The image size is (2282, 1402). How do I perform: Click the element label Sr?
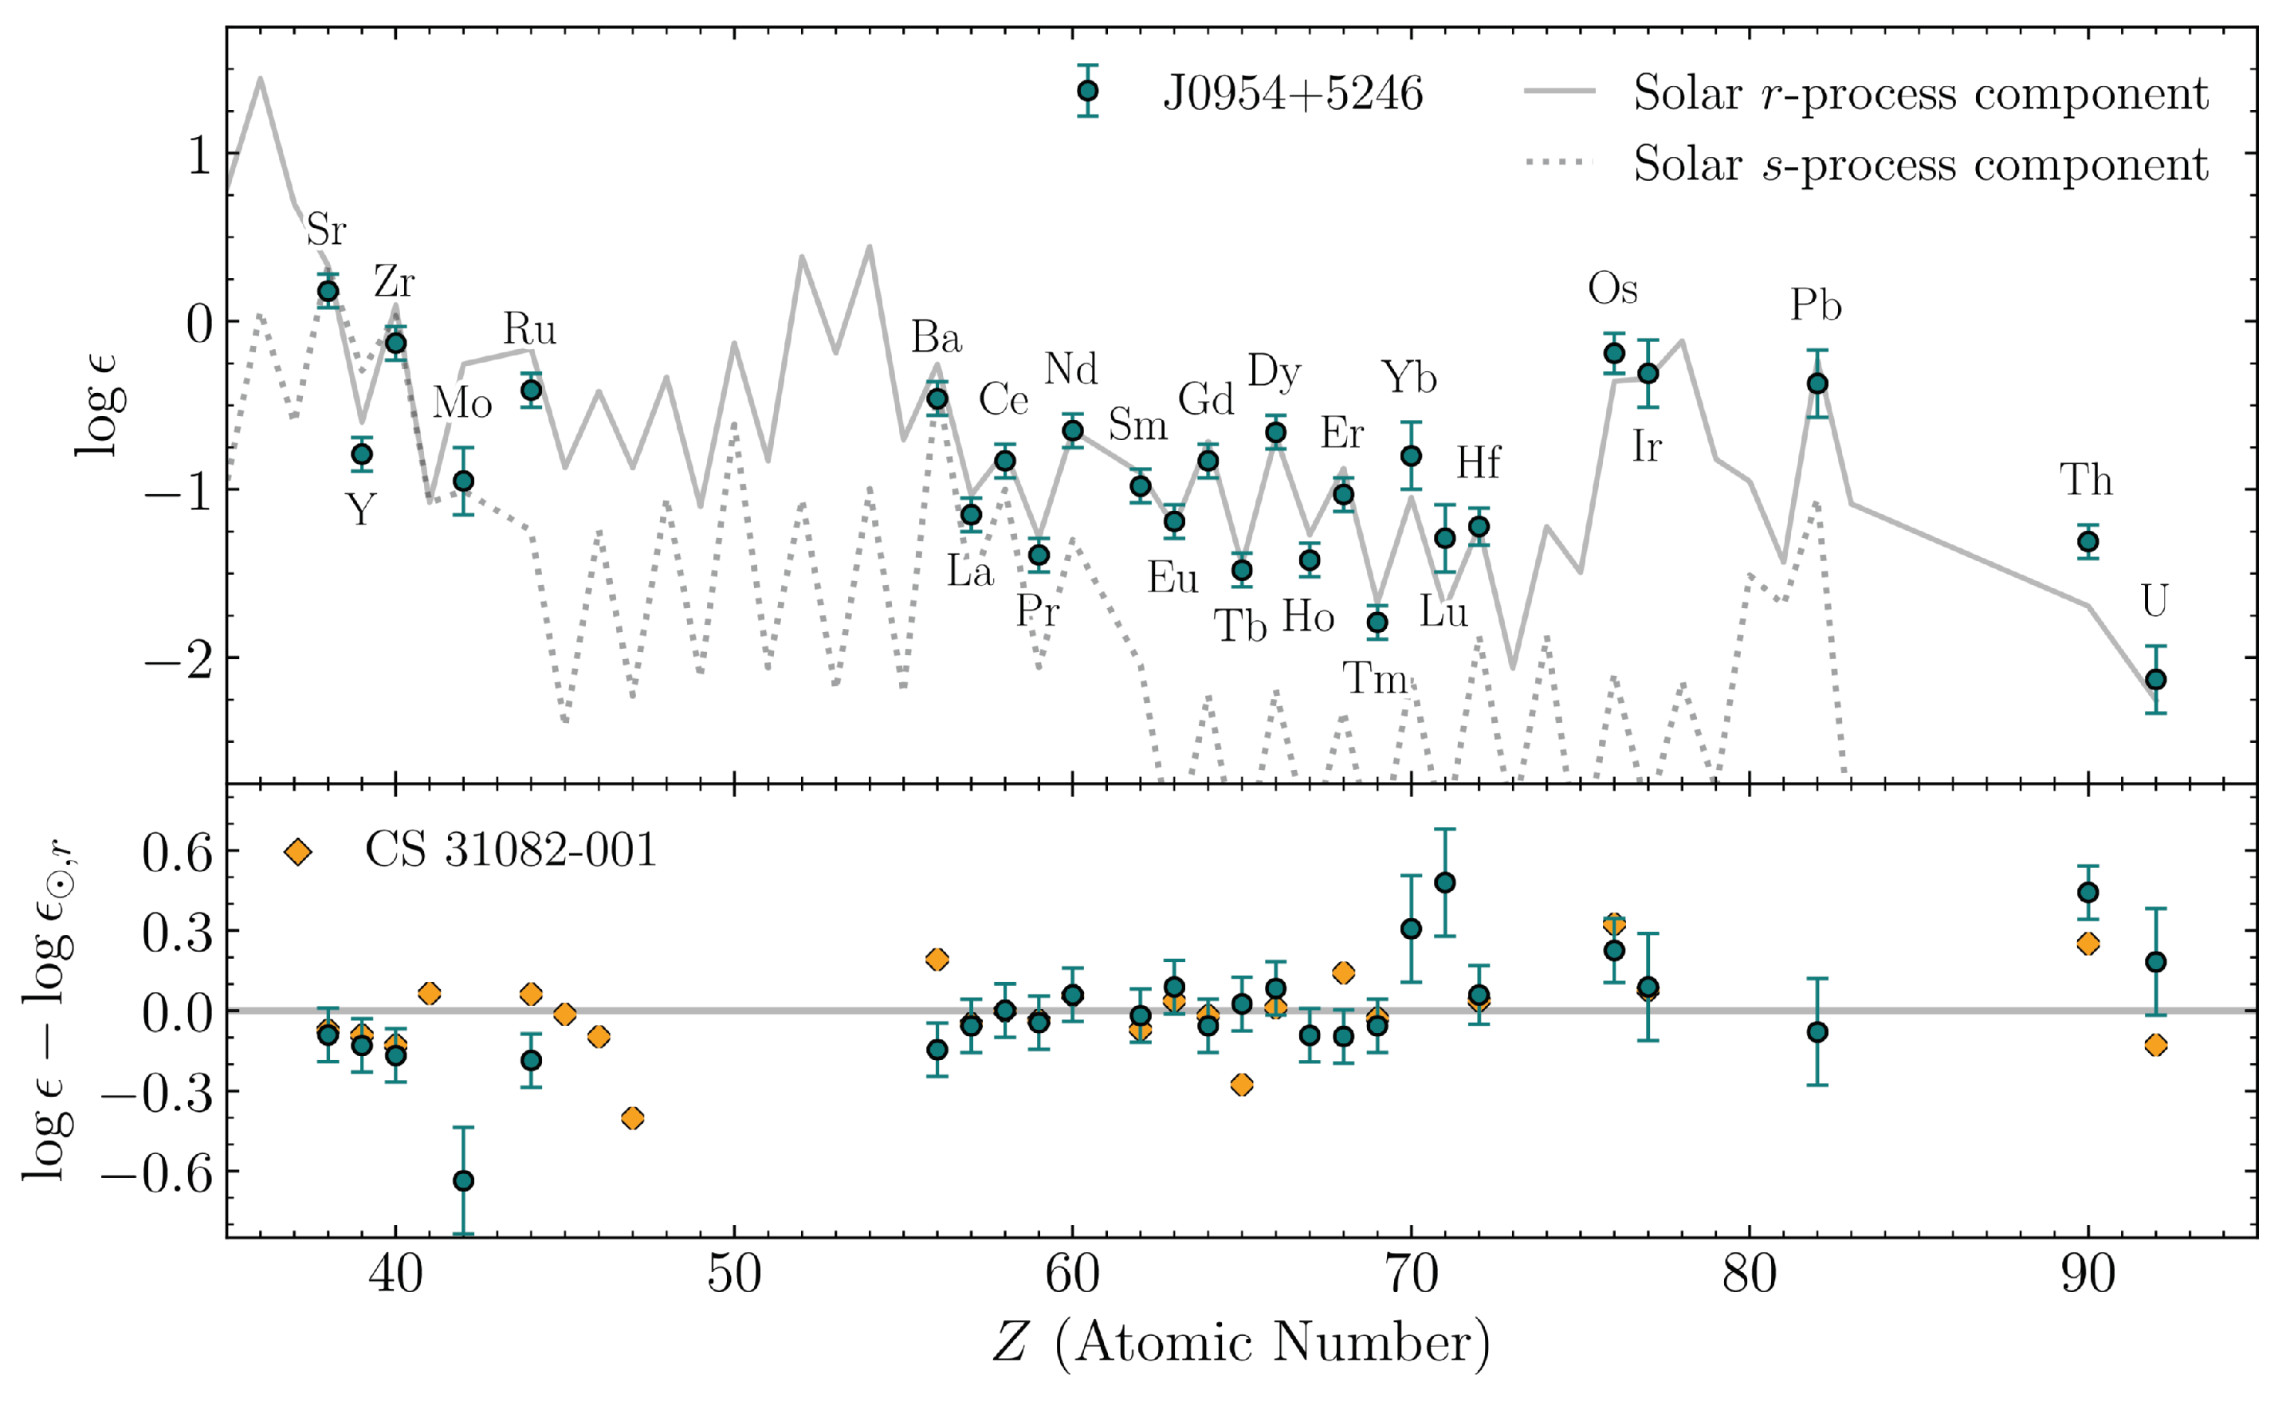pyautogui.click(x=325, y=229)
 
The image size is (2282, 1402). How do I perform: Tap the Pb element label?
pyautogui.click(x=1815, y=305)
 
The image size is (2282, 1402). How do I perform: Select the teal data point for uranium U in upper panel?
pyautogui.click(x=2156, y=680)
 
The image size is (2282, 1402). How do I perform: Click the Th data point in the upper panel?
pyautogui.click(x=2088, y=541)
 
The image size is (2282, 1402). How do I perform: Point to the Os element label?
pyautogui.click(x=1612, y=289)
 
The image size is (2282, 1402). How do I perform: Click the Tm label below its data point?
pyautogui.click(x=1375, y=679)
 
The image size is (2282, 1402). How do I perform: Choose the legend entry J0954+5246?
pyautogui.click(x=1292, y=92)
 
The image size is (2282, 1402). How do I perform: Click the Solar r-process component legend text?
pyautogui.click(x=1919, y=92)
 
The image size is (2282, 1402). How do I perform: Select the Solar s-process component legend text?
pyautogui.click(x=1919, y=164)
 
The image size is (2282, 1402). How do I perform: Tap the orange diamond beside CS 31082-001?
pyautogui.click(x=297, y=851)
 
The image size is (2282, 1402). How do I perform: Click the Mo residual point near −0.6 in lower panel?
pyautogui.click(x=464, y=1180)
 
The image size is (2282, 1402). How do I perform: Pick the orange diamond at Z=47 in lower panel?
pyautogui.click(x=632, y=1118)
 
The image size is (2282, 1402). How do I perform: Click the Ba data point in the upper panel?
pyautogui.click(x=937, y=399)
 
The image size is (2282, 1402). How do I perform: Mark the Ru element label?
pyautogui.click(x=529, y=329)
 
